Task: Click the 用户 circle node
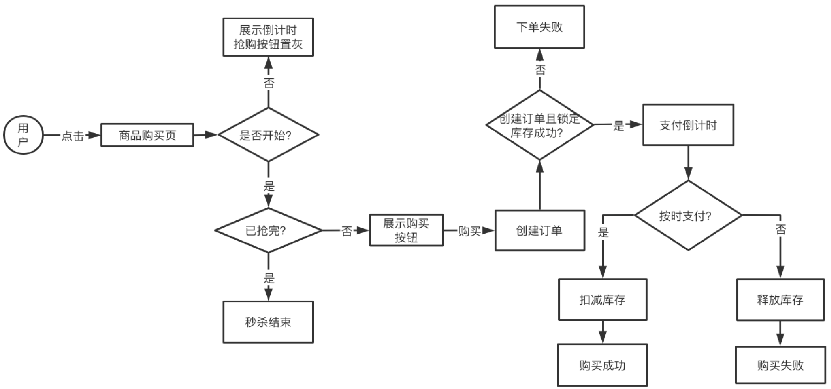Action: pos(23,135)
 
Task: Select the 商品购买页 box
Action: pos(147,135)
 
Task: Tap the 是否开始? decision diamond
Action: pos(268,135)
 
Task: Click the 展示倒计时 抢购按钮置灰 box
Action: pos(268,37)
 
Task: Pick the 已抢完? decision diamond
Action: pos(268,231)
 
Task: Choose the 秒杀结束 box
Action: pos(268,322)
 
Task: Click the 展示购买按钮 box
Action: pos(406,230)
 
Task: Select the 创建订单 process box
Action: pos(540,231)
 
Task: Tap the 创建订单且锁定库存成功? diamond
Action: pos(540,125)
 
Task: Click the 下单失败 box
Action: pos(539,27)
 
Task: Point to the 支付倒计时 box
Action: pos(688,125)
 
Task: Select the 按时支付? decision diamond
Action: pos(688,216)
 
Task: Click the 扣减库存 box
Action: pos(602,300)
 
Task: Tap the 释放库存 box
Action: pos(780,300)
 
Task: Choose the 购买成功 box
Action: pos(602,365)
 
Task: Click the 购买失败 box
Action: pos(780,365)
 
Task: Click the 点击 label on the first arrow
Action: pos(73,136)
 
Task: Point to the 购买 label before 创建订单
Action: pos(470,231)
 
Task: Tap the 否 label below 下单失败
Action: pos(540,70)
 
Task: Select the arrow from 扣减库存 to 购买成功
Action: pos(602,332)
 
